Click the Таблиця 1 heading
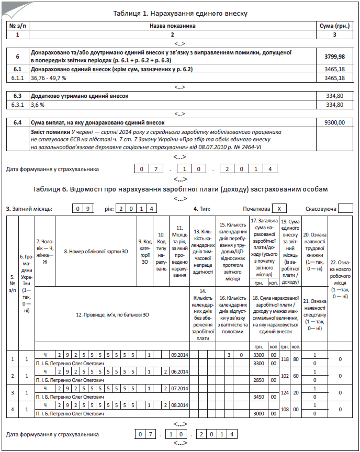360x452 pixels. [180, 13]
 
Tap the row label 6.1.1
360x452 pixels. [18, 78]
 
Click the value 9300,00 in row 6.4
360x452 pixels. [334, 122]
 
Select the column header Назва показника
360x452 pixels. [172, 25]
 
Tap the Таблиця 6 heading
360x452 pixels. [180, 188]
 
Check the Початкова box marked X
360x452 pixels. [281, 208]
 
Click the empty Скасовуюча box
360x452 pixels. [345, 208]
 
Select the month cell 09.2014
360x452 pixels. [179, 355]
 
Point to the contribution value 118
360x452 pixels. [285, 359]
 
